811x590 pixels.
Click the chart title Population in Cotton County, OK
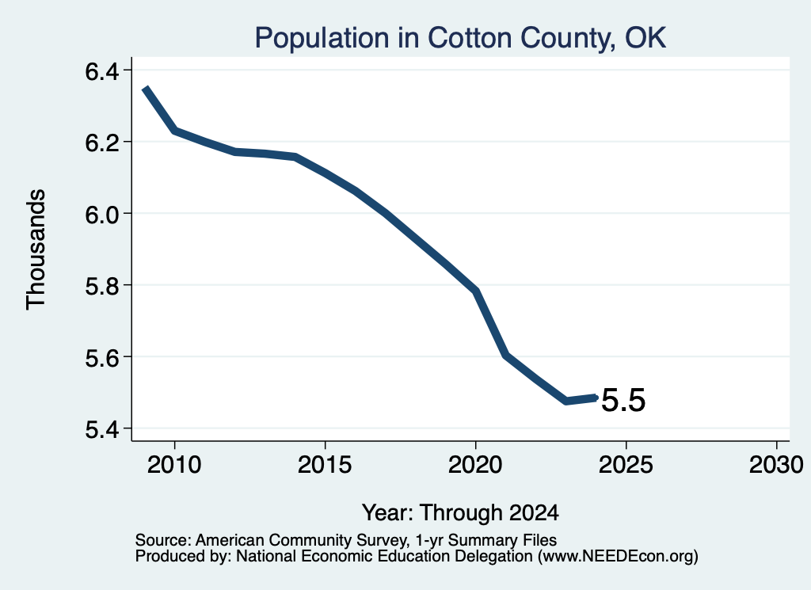click(x=460, y=38)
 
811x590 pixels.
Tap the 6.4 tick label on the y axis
click(x=102, y=70)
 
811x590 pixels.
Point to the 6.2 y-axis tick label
click(x=102, y=143)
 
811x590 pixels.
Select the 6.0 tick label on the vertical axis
click(x=102, y=214)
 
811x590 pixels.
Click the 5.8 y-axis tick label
click(x=102, y=285)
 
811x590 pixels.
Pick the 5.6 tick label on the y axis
click(x=102, y=357)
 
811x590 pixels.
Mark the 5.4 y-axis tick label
click(x=102, y=429)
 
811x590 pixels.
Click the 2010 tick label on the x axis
click(x=174, y=464)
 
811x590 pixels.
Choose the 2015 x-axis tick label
click(x=325, y=464)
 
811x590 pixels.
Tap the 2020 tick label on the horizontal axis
click(x=475, y=464)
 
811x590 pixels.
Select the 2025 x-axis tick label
click(x=626, y=464)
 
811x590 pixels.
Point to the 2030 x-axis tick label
click(x=776, y=464)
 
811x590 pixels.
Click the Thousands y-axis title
click(x=36, y=249)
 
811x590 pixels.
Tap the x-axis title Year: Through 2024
click(x=460, y=512)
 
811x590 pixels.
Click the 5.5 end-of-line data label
click(x=624, y=400)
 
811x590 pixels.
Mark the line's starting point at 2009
click(x=146, y=89)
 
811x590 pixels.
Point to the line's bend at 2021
click(x=506, y=355)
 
